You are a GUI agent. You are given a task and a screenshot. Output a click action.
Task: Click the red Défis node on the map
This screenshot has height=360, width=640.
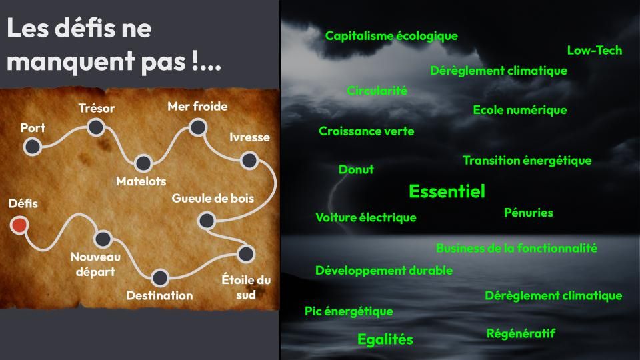[x=19, y=225]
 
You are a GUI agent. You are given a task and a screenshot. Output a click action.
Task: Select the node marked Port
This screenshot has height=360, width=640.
[x=32, y=147]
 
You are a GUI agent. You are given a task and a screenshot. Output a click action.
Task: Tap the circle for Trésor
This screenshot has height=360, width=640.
[x=96, y=127]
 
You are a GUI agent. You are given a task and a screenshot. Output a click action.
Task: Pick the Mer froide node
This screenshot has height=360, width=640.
[x=198, y=127]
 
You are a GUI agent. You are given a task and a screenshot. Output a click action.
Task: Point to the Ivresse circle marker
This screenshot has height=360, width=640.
[x=249, y=161]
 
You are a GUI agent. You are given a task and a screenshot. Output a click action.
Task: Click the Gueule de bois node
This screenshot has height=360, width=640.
[x=207, y=221]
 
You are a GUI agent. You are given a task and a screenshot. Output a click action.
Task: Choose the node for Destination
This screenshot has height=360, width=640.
[x=159, y=277]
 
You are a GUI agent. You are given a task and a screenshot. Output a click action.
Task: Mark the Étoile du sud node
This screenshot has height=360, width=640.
[x=246, y=253]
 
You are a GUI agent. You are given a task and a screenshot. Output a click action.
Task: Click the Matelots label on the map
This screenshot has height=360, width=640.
[x=141, y=181]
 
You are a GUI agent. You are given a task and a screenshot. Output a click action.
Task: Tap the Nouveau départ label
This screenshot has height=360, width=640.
[x=95, y=264]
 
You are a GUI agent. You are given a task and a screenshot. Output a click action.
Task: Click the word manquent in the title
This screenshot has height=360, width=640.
[x=71, y=62]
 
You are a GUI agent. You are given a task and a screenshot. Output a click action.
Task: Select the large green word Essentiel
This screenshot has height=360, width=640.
[x=447, y=191]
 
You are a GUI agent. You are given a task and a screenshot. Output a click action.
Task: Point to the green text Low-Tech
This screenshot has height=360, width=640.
[x=595, y=50]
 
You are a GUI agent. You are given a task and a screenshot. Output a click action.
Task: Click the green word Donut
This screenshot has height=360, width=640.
[x=356, y=169]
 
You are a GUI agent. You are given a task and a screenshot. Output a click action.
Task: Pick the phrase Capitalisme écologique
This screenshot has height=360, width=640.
[x=391, y=36]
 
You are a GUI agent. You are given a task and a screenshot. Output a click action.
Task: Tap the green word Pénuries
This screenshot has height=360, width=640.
[x=529, y=213]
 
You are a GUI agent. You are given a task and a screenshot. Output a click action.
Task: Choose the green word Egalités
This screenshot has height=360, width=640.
[x=385, y=339]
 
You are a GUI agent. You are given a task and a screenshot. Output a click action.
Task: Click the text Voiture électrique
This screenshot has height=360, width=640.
[x=366, y=217]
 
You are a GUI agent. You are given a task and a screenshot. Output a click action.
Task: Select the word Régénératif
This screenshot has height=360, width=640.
[x=521, y=334]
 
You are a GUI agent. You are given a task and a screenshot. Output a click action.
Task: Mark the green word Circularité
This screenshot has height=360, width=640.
[x=377, y=91]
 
